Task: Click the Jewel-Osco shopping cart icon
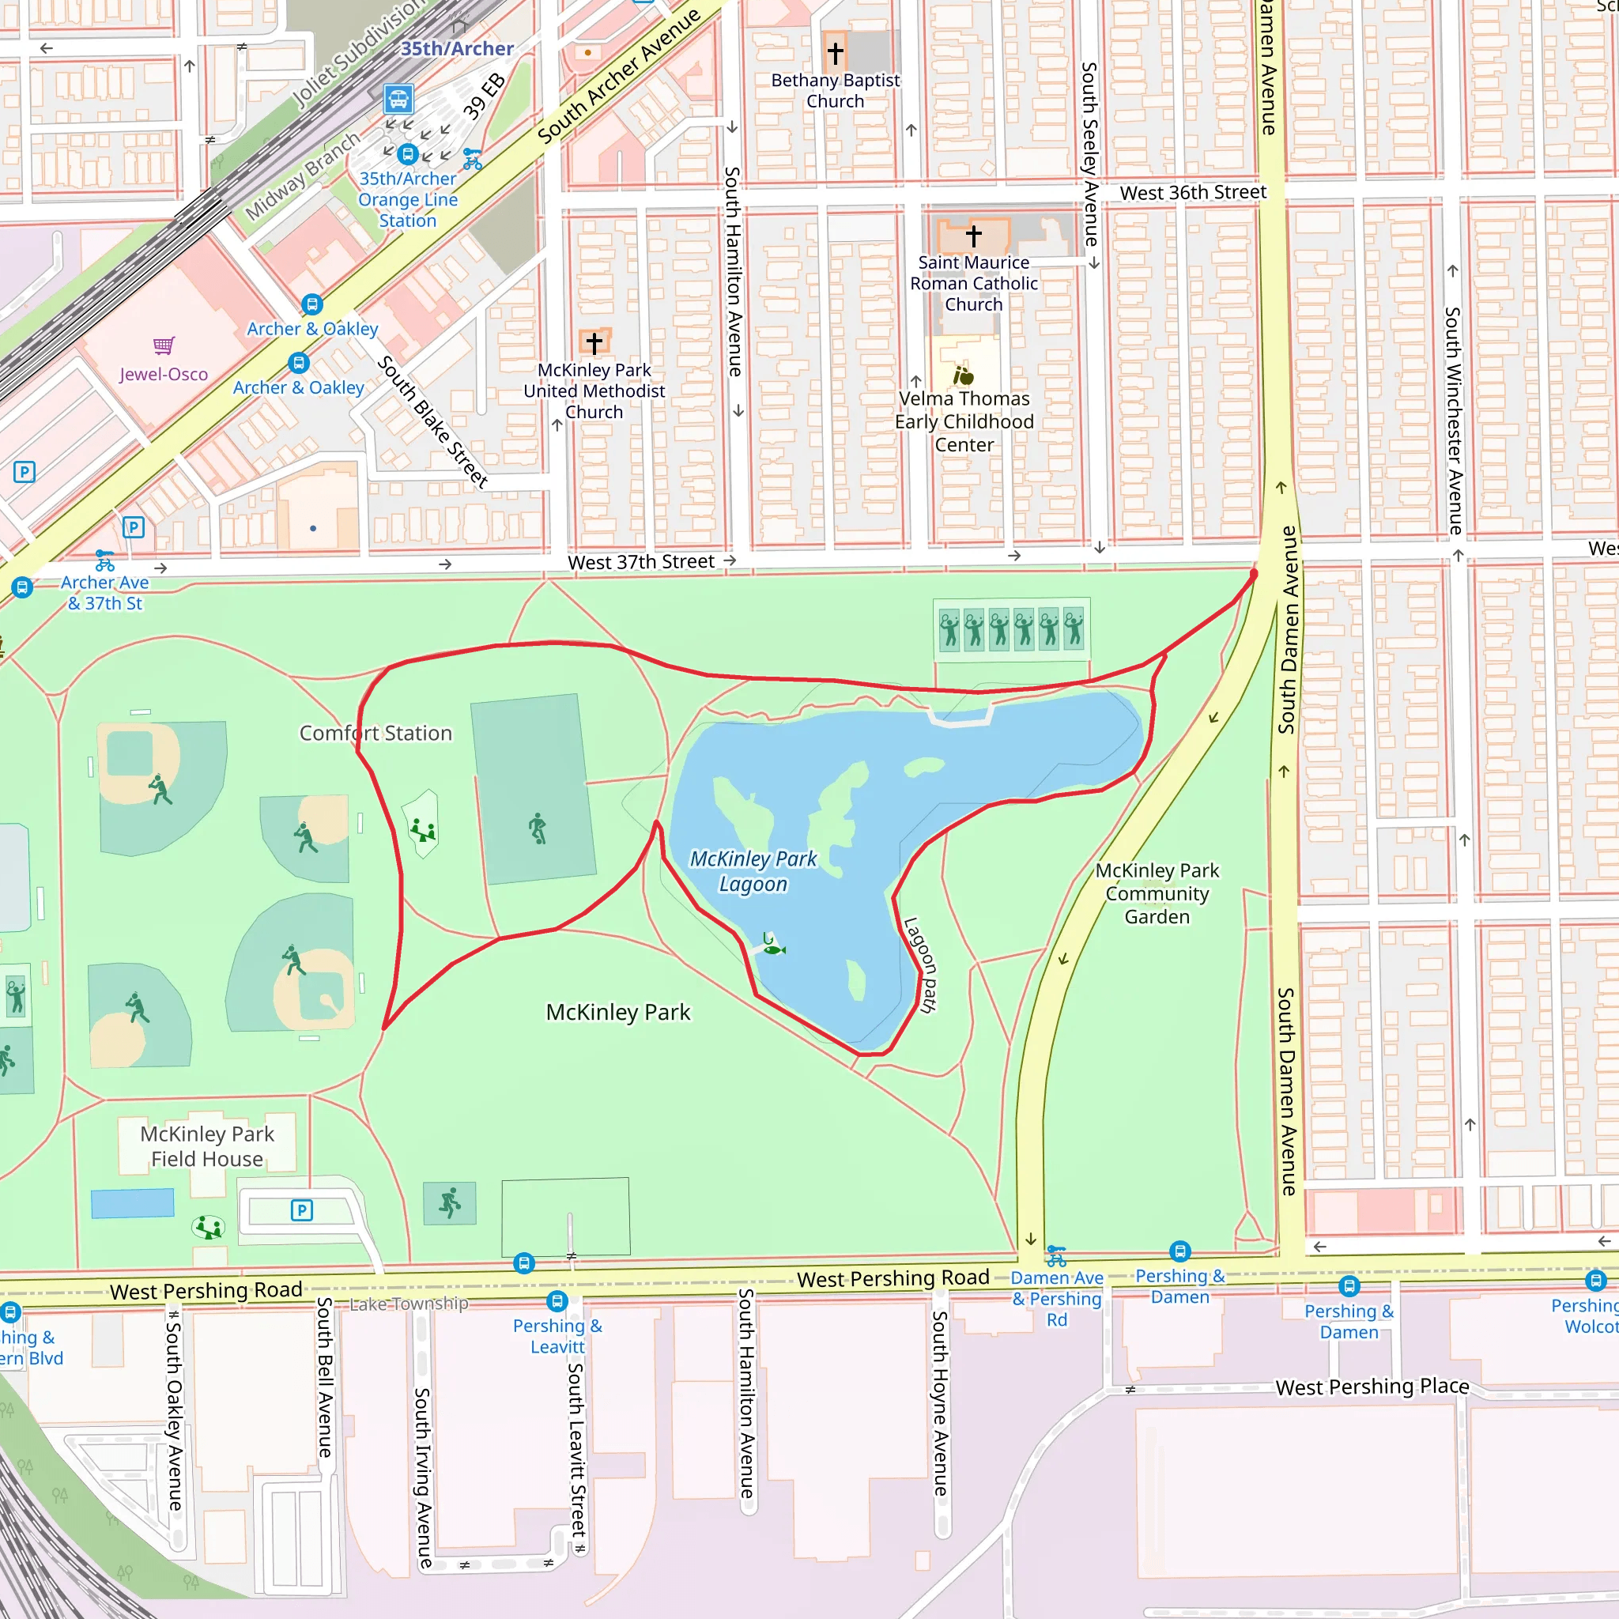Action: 164,345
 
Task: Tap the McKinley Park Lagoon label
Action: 753,870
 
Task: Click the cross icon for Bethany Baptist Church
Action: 835,53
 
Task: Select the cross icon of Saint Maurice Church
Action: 973,236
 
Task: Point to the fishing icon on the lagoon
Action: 772,949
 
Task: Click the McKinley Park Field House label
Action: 207,1145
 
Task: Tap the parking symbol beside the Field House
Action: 302,1210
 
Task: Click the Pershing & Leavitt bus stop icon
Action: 557,1300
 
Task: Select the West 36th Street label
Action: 1192,192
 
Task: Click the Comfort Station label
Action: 376,734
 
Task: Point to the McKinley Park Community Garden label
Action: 1157,893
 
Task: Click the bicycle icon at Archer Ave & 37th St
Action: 105,560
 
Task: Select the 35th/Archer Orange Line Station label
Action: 407,199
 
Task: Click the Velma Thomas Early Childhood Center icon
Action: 964,375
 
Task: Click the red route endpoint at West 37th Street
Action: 1254,574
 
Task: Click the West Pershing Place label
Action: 1371,1387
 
